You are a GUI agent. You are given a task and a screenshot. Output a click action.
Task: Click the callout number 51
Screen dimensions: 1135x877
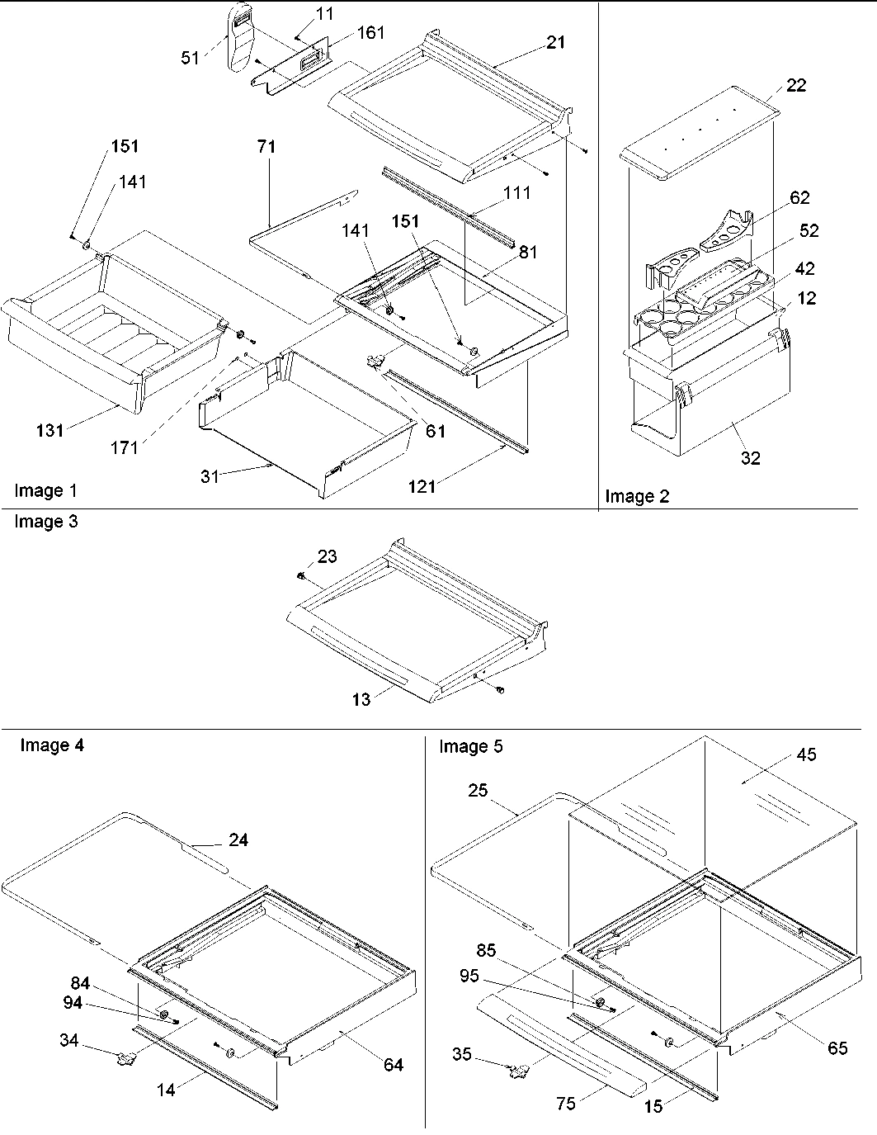point(191,58)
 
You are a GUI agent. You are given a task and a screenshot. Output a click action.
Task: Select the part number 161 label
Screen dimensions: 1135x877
point(370,33)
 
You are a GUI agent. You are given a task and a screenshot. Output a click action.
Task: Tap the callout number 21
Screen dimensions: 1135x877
point(556,41)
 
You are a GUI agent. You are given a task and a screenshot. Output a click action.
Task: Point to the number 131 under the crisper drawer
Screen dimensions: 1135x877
point(50,429)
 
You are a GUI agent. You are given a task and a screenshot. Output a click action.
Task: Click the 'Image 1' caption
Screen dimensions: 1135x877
point(45,491)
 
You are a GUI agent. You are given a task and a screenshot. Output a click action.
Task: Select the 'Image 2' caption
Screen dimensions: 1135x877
point(637,496)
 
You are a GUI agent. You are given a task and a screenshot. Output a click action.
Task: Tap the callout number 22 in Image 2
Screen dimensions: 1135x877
point(796,85)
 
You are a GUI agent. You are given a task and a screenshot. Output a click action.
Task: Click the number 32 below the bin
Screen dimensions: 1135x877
point(750,458)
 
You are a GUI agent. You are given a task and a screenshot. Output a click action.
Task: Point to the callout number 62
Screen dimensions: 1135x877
point(799,197)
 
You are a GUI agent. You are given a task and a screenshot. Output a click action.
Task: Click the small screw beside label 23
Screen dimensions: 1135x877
point(302,575)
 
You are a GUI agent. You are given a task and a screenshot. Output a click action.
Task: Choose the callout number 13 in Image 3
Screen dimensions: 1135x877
point(361,699)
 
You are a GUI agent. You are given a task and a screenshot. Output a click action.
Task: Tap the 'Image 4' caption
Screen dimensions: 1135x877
point(51,745)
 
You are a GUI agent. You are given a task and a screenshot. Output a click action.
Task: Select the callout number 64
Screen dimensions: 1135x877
point(394,1065)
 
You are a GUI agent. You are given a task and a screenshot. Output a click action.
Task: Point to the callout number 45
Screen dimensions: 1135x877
point(806,754)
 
